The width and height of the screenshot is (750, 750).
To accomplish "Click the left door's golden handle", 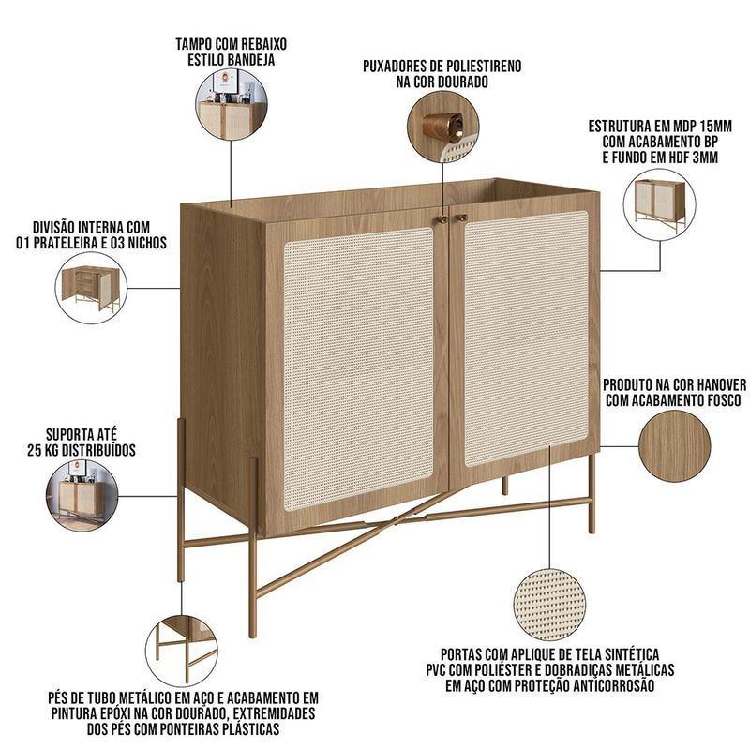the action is coord(442,219).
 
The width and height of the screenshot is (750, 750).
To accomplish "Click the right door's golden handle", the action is coord(461,217).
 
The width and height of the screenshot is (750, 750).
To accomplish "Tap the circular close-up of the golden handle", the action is coord(442,127).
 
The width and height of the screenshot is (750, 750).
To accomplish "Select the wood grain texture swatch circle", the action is coord(674,446).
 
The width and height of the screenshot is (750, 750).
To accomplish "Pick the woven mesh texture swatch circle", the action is coord(549,605).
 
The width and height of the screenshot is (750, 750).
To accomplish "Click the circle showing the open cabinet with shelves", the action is coord(91,288).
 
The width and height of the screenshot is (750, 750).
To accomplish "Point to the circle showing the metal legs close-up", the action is coord(182,651).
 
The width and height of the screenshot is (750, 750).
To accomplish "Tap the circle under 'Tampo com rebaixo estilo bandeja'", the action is coord(232,104).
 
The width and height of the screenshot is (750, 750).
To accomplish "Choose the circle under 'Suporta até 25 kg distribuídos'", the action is coord(82,496).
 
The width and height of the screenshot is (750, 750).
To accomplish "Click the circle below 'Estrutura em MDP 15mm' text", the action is coord(660,204).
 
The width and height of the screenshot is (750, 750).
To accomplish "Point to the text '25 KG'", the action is coord(45,450).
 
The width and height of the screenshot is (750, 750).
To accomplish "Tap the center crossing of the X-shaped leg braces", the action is coord(395,519).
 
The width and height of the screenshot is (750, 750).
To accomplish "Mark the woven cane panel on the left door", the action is coord(359,367).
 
